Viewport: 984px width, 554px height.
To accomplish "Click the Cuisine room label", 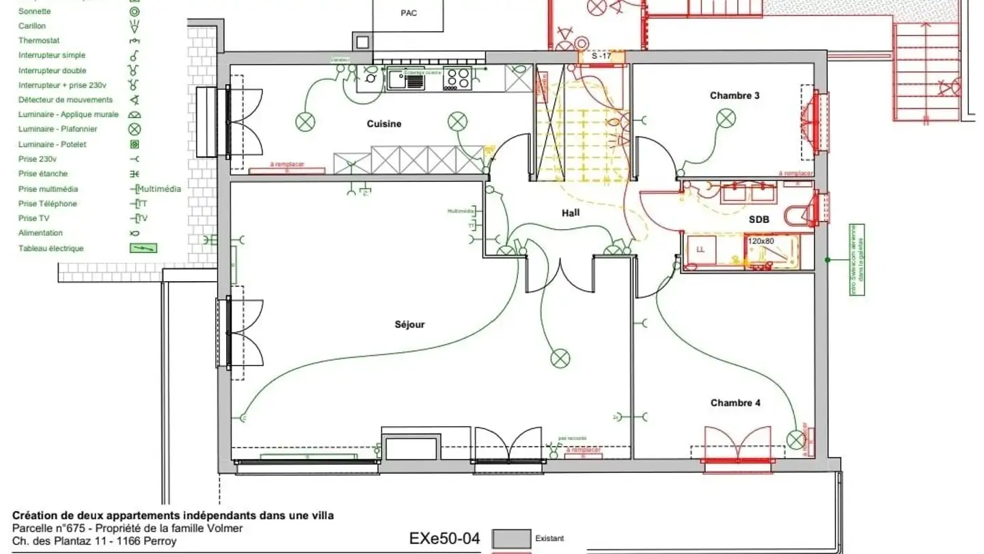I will click(384, 124).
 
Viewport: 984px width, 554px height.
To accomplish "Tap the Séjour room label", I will click(409, 324).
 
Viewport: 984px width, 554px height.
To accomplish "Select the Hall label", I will click(571, 213).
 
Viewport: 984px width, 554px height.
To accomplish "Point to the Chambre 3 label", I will click(735, 96).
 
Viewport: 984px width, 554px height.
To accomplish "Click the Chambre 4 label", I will click(735, 403).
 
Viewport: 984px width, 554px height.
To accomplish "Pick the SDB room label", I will click(759, 219).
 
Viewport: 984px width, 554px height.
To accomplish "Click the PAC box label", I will click(409, 13).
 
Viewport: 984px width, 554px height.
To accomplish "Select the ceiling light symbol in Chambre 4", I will click(795, 438).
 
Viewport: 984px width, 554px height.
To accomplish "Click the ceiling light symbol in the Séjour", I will click(560, 357).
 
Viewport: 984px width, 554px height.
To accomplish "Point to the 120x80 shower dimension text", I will click(761, 241).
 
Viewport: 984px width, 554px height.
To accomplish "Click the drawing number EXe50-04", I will click(445, 538).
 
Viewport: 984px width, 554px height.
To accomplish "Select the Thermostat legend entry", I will click(39, 40).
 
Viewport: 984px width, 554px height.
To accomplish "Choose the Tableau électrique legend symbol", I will click(143, 248).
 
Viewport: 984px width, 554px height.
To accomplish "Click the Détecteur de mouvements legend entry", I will click(66, 100).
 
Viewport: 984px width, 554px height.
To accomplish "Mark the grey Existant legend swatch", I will click(511, 538).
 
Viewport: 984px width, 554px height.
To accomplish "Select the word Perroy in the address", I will click(161, 541).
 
